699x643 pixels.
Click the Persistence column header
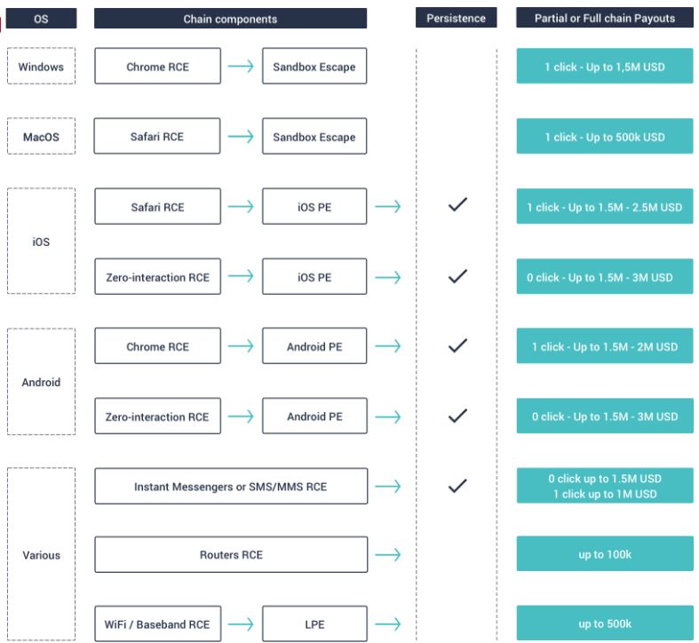tap(456, 18)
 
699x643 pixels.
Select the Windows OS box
tap(41, 66)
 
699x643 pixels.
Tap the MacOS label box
tap(41, 136)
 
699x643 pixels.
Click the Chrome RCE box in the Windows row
tap(157, 66)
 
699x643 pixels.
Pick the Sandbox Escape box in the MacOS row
tap(314, 136)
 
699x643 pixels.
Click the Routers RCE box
tap(231, 554)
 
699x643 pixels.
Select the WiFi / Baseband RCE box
tap(157, 623)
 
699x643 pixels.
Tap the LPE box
tap(314, 623)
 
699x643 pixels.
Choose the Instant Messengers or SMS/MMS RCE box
tap(231, 486)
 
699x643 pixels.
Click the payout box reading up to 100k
tap(605, 554)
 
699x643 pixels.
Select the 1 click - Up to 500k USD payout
tap(605, 136)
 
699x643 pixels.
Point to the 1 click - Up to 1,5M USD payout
tap(605, 66)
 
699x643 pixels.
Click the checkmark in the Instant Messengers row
tap(457, 485)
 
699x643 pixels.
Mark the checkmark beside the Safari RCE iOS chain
tap(457, 204)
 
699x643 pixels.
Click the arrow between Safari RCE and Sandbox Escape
tap(241, 136)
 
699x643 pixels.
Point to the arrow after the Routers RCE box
tap(388, 554)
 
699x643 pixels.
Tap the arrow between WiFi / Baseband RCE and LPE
tap(241, 623)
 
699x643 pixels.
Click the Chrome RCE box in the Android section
tap(157, 346)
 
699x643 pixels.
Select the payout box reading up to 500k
tap(605, 623)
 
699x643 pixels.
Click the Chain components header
tap(230, 19)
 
